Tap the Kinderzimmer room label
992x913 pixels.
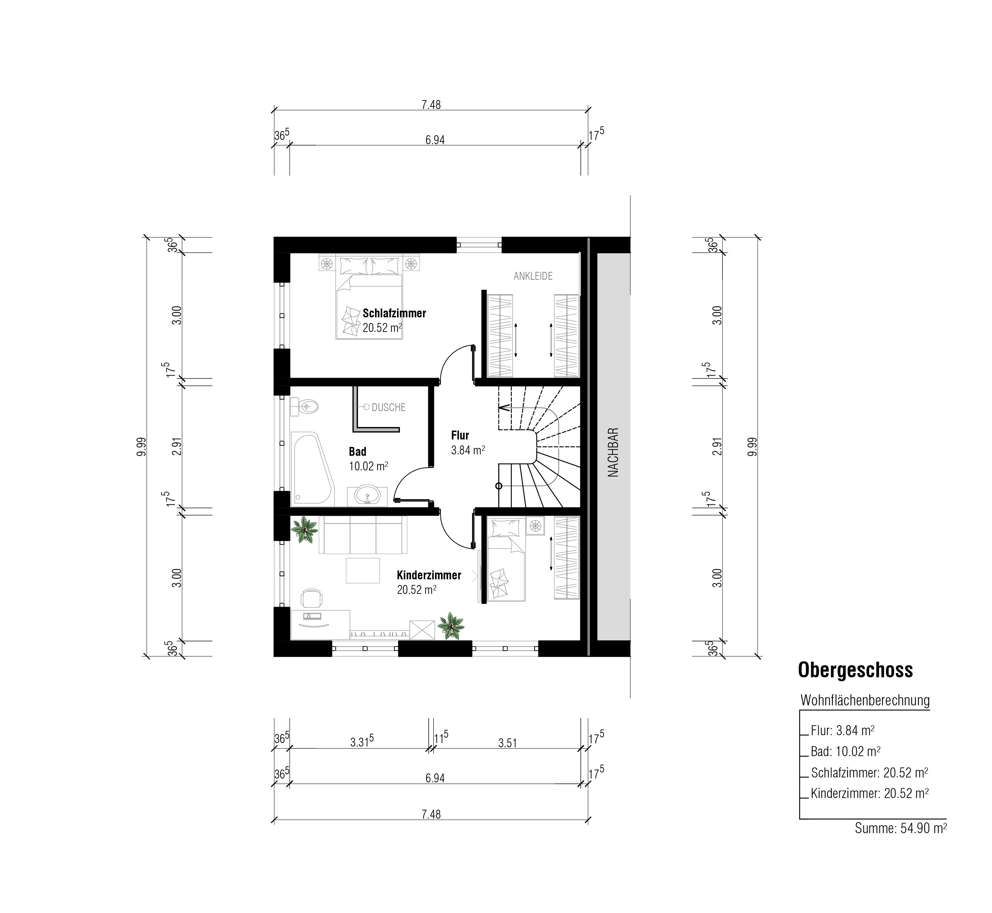click(429, 575)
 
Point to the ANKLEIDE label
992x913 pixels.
click(533, 276)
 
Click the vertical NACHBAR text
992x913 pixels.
click(613, 452)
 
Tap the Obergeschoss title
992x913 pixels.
click(856, 671)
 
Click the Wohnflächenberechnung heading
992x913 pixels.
click(865, 701)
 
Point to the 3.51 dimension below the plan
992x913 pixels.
click(508, 743)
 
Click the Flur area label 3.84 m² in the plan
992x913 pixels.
click(467, 450)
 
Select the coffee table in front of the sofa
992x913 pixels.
click(363, 571)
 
